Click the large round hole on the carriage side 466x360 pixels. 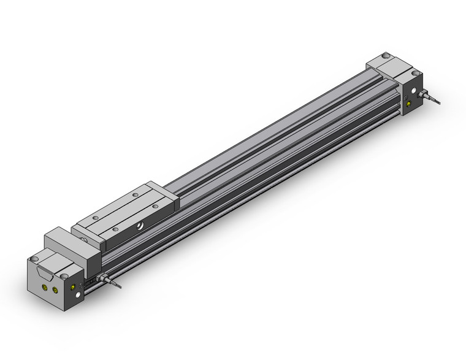[x=142, y=226]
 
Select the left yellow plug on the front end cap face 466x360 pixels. [x=44, y=285]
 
